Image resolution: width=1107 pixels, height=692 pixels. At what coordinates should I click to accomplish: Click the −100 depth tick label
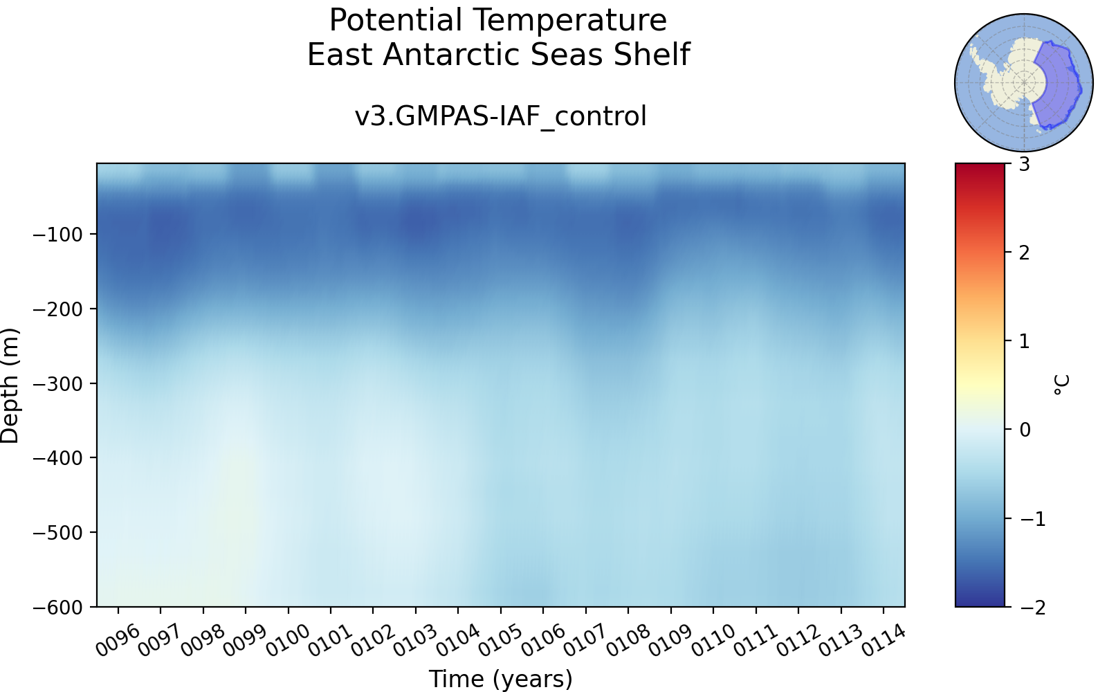point(57,235)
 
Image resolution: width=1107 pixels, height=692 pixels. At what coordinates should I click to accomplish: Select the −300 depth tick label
point(57,383)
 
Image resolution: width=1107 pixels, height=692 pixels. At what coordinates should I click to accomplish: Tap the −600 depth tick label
point(57,607)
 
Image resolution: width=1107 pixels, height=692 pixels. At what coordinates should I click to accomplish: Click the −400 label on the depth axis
point(57,458)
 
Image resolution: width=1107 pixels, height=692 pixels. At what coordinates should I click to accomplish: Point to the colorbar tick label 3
point(1025,164)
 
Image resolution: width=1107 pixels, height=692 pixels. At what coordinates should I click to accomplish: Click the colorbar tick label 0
point(1025,430)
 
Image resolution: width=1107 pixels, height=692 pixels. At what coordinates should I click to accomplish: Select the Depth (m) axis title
point(10,385)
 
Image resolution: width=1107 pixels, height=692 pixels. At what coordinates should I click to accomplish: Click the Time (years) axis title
point(500,679)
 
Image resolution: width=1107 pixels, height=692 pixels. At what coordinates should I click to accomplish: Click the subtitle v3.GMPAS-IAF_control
point(500,117)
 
